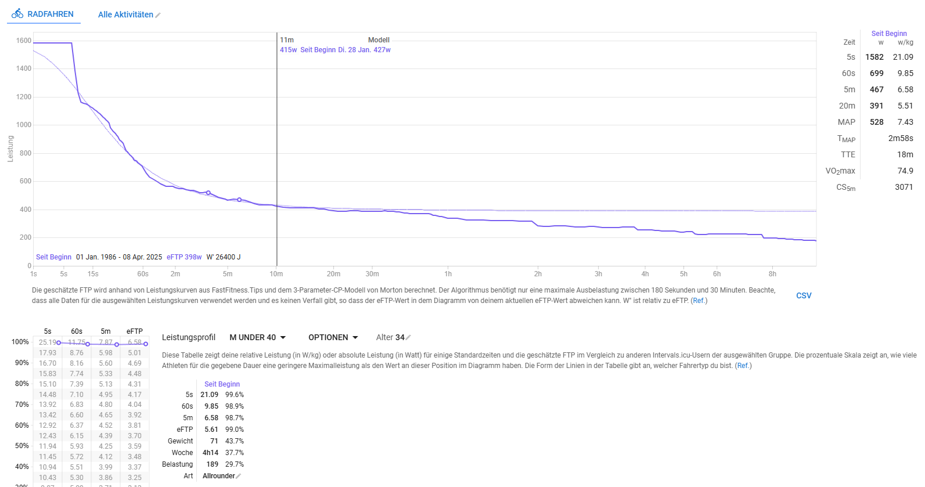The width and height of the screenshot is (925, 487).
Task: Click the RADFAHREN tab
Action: [44, 14]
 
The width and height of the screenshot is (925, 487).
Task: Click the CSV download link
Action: [804, 295]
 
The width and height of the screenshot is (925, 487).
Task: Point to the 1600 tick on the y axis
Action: [24, 41]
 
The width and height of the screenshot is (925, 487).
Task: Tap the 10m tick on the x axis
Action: [276, 274]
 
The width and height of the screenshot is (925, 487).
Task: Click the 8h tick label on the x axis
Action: [772, 274]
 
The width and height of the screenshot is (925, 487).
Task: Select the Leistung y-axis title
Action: [10, 149]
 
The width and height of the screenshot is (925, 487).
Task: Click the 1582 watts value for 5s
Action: [874, 57]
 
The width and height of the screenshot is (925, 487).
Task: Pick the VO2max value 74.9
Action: [905, 171]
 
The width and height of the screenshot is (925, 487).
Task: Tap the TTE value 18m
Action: [905, 154]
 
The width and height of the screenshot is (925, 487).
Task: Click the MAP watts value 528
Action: [876, 122]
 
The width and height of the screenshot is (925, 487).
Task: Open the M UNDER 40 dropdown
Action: [257, 337]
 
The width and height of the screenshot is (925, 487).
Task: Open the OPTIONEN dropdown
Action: [333, 337]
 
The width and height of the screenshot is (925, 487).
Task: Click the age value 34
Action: [400, 337]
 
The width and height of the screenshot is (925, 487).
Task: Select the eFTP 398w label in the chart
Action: [184, 257]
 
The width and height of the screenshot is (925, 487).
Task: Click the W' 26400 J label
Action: [224, 257]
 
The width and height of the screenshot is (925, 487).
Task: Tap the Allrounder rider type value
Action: [219, 476]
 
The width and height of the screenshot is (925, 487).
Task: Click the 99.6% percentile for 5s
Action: [235, 395]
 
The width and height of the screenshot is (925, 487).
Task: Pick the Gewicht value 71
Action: [214, 441]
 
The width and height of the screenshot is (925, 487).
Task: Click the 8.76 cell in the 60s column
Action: [77, 353]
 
